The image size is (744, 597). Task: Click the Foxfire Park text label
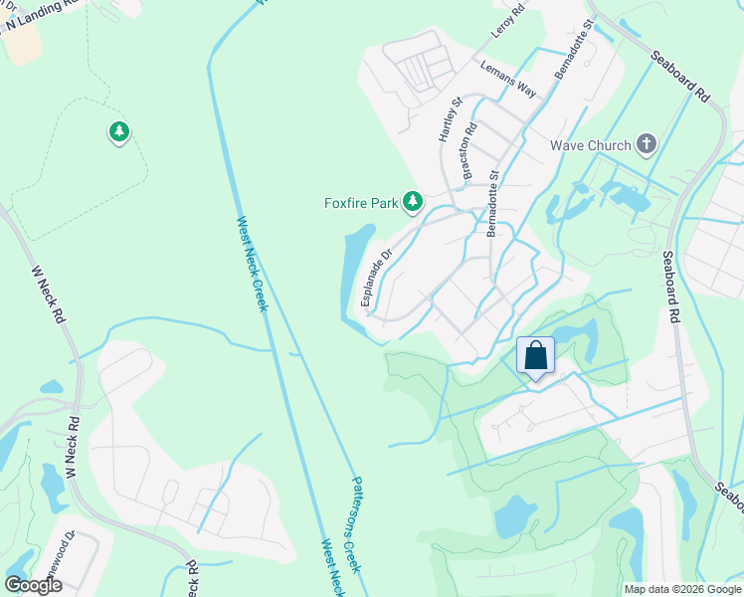click(x=361, y=203)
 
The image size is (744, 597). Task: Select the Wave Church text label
click(x=590, y=145)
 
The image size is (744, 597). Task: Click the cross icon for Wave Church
click(x=646, y=144)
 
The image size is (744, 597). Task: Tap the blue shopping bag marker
click(x=535, y=356)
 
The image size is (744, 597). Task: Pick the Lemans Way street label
click(x=508, y=80)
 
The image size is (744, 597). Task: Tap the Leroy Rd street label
click(x=505, y=21)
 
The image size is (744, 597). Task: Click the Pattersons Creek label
click(x=359, y=523)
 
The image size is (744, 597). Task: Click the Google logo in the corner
click(x=33, y=585)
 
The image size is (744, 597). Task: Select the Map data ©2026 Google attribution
click(x=682, y=589)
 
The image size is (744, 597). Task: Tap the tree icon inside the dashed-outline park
click(x=118, y=131)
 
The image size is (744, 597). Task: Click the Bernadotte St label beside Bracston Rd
click(x=492, y=203)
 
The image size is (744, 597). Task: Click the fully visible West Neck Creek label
click(x=253, y=264)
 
